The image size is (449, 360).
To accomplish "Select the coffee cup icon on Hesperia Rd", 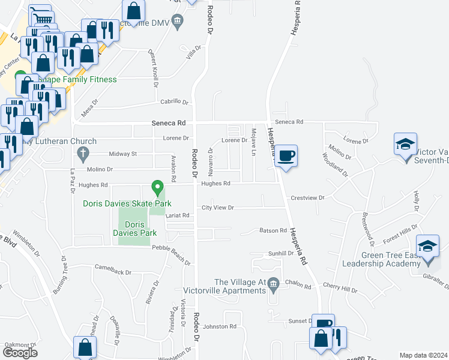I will [x=286, y=156].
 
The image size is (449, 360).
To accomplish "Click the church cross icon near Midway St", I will [x=83, y=154].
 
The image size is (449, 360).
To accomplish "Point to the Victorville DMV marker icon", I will [x=178, y=23].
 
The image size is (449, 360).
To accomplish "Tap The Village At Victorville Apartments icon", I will [x=273, y=283].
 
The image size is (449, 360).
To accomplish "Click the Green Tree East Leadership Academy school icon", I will [x=427, y=247].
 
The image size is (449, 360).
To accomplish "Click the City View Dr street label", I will [x=217, y=208].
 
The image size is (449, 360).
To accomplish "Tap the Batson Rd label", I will [x=273, y=230].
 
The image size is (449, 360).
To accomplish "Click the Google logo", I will [x=20, y=353].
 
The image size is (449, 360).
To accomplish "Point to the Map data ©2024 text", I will [x=423, y=355].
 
